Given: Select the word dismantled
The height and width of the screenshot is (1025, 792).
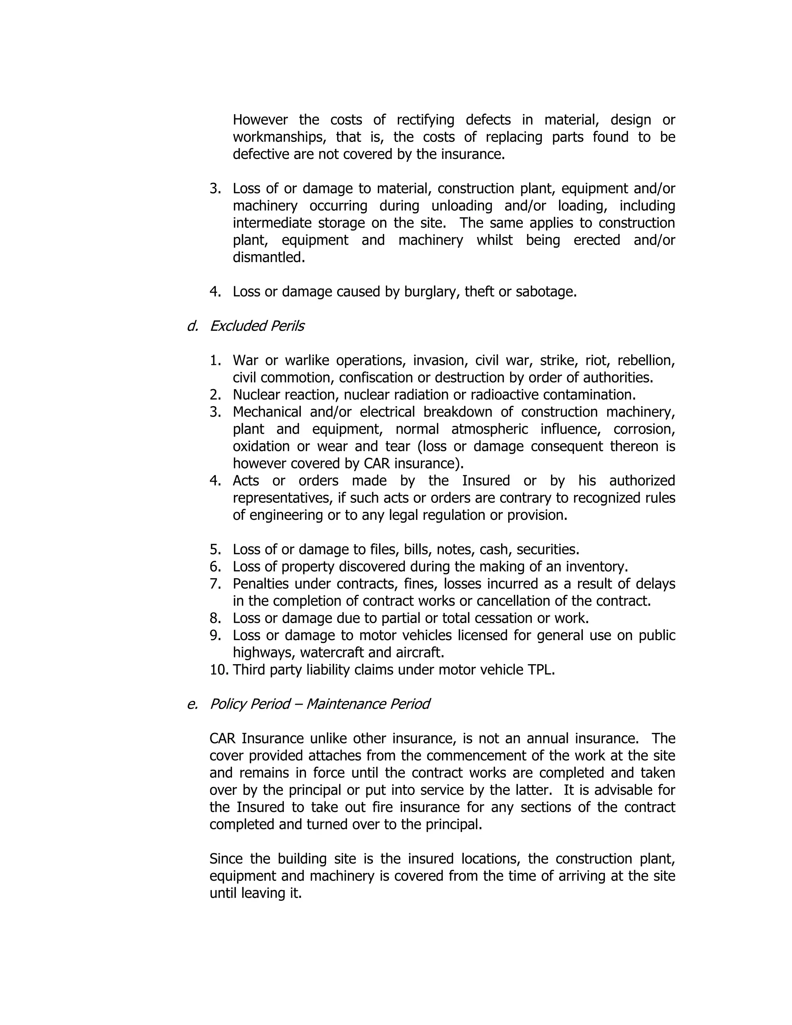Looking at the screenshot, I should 268,257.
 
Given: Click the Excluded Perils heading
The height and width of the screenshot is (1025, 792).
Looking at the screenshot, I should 257,326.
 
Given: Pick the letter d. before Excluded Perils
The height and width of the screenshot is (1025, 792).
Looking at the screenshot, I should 192,326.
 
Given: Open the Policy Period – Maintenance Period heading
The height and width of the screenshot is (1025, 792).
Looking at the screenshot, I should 319,704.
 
